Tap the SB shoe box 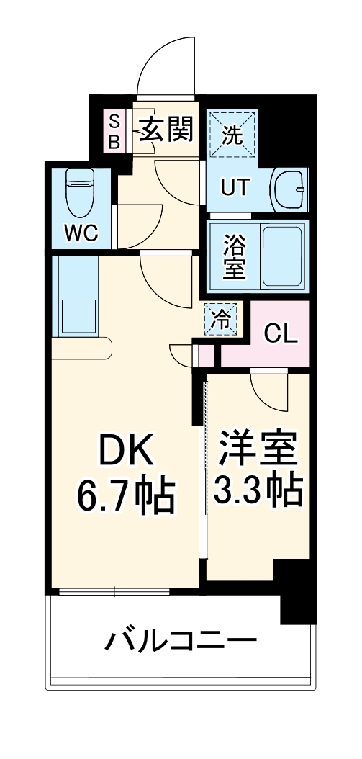coord(114,130)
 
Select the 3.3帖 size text coord(257,491)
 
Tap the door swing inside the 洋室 coord(268,392)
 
